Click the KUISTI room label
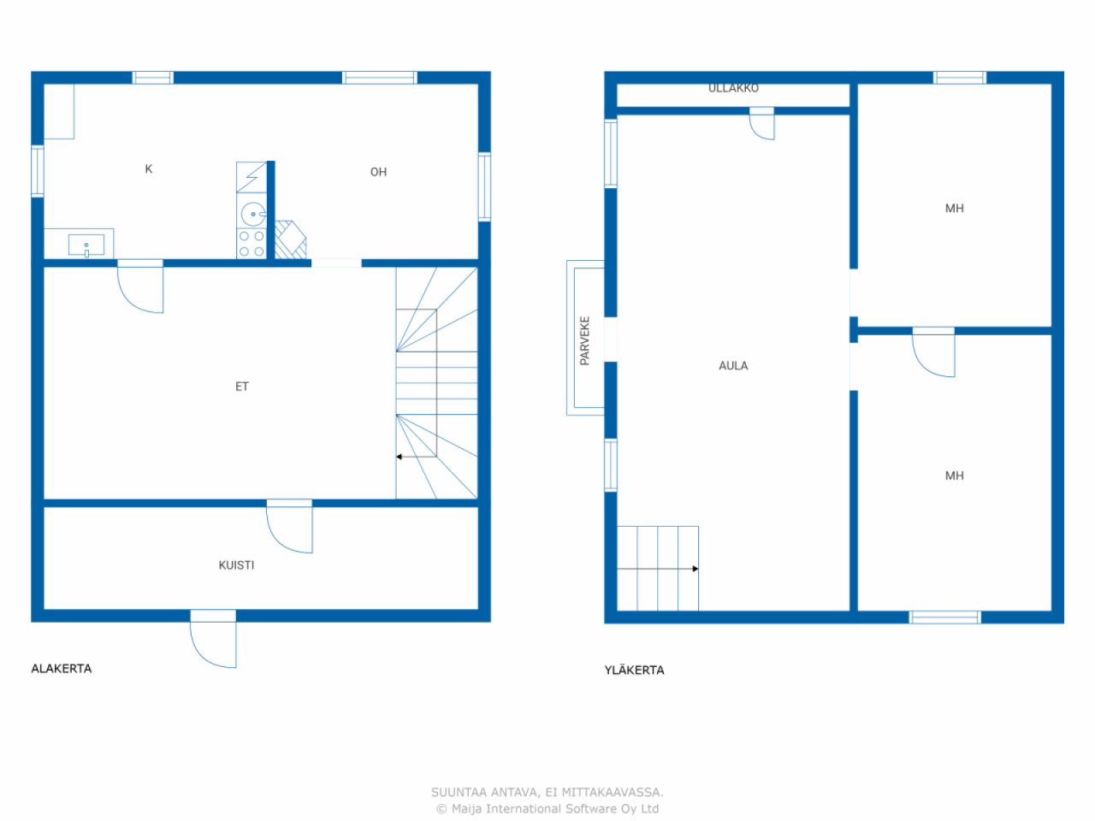coord(236,564)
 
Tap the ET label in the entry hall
coord(242,387)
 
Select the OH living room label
coord(378,172)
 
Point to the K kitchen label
coord(149,169)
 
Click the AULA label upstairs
coord(733,366)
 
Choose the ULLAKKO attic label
coord(733,88)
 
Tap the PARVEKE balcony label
coord(584,340)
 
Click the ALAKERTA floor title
coord(62,669)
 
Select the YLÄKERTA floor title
coord(634,670)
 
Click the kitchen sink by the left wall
coord(86,245)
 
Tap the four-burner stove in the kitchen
coord(252,244)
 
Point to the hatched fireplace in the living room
coord(290,239)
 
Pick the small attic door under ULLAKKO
coord(761,124)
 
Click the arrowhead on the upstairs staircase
coord(695,569)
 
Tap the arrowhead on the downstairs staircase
coord(400,457)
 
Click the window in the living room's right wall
coord(484,186)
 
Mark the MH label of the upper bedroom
coord(955,209)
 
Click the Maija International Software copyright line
coord(547,808)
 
